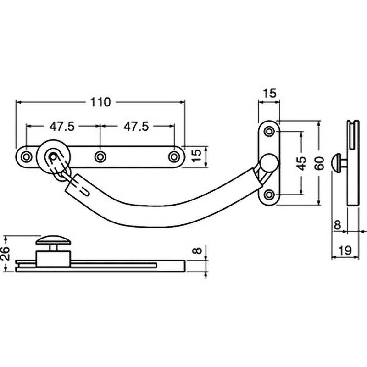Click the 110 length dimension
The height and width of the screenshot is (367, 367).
click(100, 102)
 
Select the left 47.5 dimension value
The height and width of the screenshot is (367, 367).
click(62, 127)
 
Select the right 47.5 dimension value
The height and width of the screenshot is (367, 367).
click(136, 127)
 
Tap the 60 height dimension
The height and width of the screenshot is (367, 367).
click(320, 163)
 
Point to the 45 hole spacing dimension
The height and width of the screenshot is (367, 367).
click(302, 163)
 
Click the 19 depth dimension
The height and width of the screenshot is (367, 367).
click(345, 250)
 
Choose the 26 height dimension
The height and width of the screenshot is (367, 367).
click(6, 253)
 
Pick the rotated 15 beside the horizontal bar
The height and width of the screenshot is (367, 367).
click(197, 156)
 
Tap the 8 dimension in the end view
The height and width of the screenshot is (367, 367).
click(337, 225)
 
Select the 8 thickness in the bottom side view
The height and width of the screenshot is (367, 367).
click(198, 251)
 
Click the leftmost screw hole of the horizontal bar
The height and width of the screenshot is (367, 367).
click(27, 156)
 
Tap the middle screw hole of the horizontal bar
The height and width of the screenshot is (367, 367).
click(100, 156)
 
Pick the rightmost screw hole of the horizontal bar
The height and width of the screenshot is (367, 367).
click(174, 156)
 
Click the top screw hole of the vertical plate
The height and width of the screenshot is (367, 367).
click(269, 131)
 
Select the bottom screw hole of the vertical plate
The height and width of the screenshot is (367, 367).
click(269, 194)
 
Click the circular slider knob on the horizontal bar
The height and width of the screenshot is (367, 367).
click(54, 156)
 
